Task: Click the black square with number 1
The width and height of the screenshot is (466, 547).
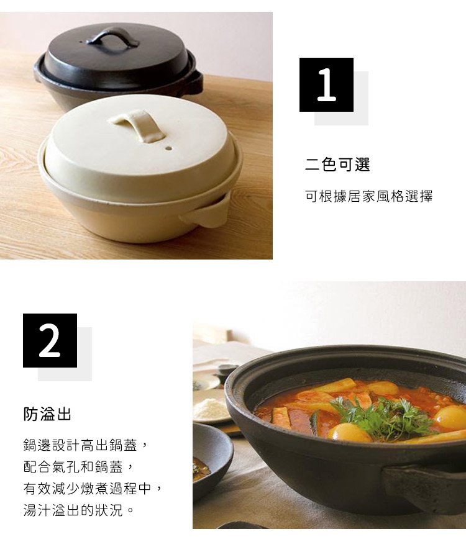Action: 326,85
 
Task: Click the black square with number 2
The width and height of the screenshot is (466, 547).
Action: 50,340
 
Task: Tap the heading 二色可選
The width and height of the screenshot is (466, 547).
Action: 337,165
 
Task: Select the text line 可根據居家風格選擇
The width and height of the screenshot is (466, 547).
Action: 369,196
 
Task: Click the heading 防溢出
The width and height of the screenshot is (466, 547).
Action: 47,414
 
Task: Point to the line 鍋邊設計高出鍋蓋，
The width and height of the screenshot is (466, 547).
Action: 86,445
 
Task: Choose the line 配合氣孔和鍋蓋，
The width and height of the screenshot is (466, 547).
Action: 79,467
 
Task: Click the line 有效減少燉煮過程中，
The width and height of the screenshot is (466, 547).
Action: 93,489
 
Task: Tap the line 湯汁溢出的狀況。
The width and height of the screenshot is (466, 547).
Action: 79,510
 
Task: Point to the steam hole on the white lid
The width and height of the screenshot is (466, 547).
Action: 168,148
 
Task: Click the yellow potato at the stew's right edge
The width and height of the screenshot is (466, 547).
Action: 450,417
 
